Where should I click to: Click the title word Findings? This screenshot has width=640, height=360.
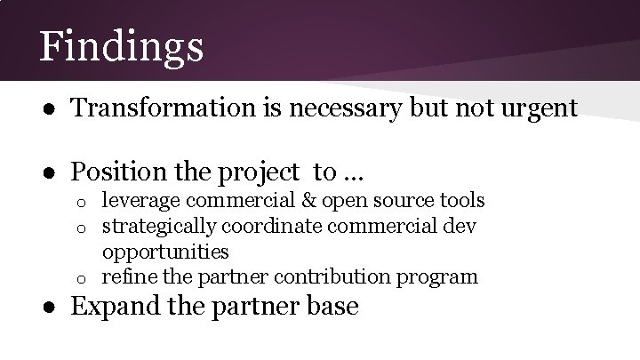[121, 46]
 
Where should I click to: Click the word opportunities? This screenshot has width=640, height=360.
[165, 252]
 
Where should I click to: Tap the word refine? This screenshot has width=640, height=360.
[125, 276]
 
